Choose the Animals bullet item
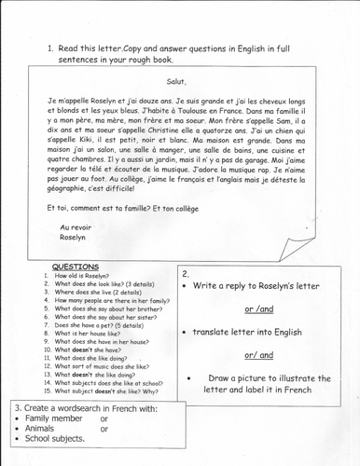tap(43, 456)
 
